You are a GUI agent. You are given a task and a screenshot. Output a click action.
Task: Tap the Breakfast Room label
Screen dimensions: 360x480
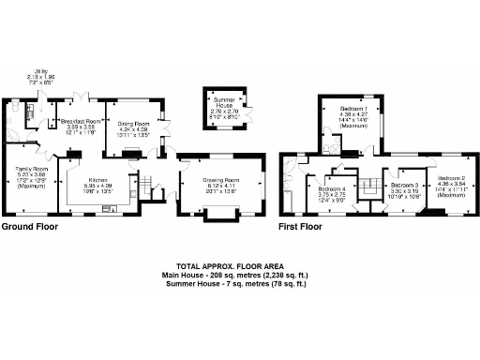pos(80,122)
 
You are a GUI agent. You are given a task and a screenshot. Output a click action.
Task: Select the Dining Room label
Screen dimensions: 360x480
pos(134,122)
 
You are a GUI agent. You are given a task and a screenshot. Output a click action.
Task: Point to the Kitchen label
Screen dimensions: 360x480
pos(100,180)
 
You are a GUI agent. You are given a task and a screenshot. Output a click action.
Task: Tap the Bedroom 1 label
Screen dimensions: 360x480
pos(352,109)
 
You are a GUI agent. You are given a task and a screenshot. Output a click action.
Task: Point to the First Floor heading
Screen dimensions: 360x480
pos(299,227)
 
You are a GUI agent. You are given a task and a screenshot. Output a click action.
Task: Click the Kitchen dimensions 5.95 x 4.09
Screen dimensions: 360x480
pos(100,186)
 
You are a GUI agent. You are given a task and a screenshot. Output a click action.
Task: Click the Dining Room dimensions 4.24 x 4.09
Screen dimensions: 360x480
pos(134,128)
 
